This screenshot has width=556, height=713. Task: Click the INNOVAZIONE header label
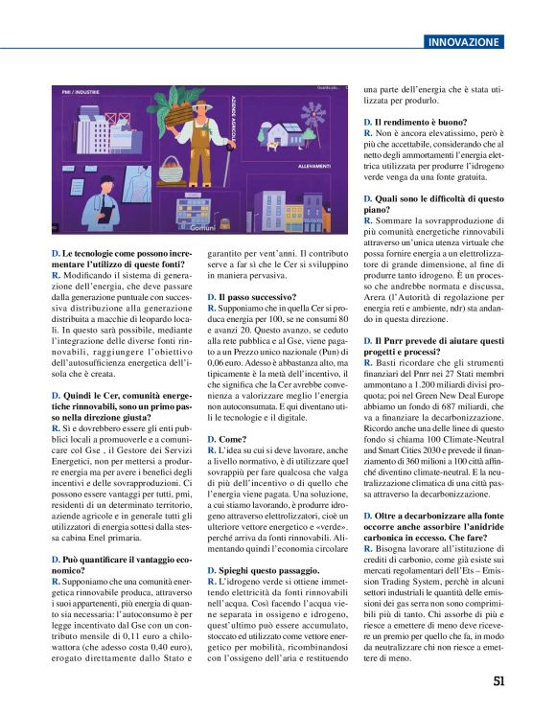[x=464, y=42]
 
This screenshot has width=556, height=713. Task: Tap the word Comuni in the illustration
[x=203, y=228]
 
